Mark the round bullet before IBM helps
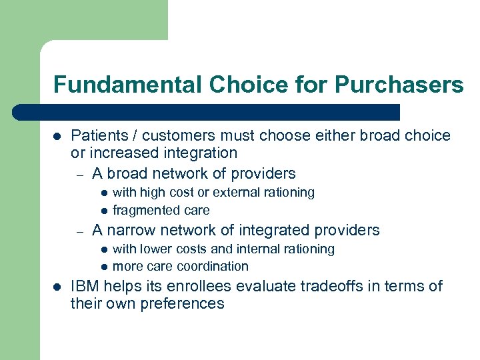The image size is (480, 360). click(57, 287)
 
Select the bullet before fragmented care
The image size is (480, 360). click(104, 211)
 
